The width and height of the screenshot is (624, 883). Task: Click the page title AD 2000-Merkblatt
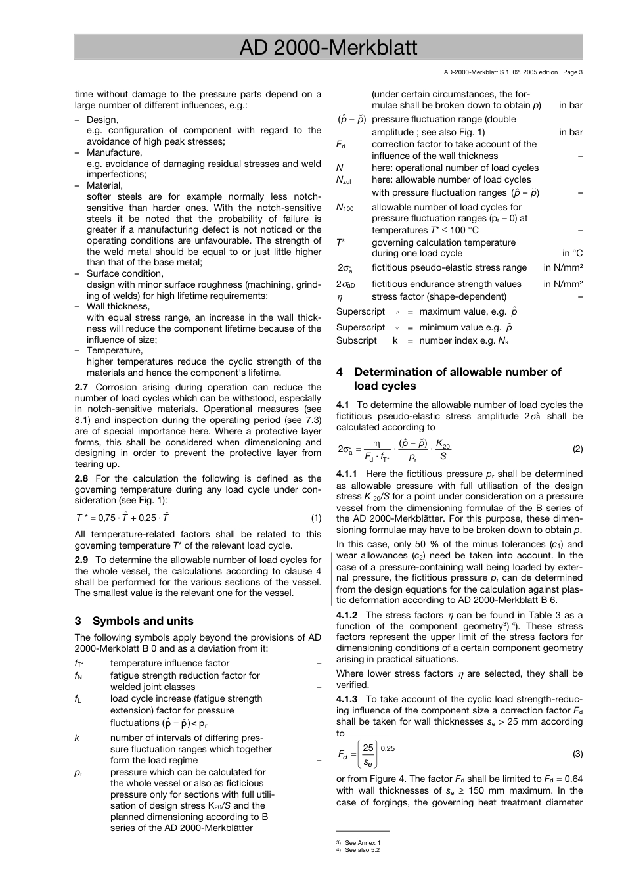pyautogui.click(x=328, y=47)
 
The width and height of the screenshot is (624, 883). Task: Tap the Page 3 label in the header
pyautogui.click(x=572, y=72)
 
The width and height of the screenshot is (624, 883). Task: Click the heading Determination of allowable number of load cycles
pyautogui.click(x=457, y=379)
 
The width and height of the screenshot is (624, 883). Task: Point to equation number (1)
pyautogui.click(x=316, y=518)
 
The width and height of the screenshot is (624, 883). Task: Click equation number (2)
pyautogui.click(x=577, y=449)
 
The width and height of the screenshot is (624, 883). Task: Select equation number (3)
pyautogui.click(x=577, y=754)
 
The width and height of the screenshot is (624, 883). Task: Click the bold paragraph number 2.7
pyautogui.click(x=82, y=387)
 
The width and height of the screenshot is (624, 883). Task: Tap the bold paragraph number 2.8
pyautogui.click(x=82, y=478)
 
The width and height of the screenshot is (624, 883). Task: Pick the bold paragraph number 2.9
pyautogui.click(x=82, y=560)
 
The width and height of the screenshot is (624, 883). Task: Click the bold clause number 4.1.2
pyautogui.click(x=347, y=615)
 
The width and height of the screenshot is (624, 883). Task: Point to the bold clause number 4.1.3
pyautogui.click(x=347, y=699)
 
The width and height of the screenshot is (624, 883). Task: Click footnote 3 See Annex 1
pyautogui.click(x=359, y=842)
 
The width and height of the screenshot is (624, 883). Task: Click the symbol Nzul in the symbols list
pyautogui.click(x=344, y=180)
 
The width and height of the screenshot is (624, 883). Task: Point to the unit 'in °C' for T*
pyautogui.click(x=572, y=254)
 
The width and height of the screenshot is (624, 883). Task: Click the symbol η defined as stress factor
pyautogui.click(x=340, y=297)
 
